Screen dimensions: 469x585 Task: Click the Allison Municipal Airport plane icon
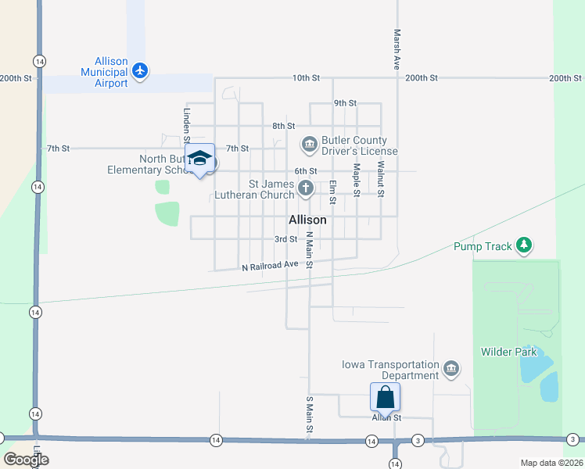point(141,71)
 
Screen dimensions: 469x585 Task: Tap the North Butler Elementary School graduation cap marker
point(200,157)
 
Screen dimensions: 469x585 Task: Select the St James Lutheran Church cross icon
point(306,188)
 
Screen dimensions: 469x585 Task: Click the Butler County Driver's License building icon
point(309,144)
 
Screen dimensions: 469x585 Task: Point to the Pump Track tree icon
point(524,246)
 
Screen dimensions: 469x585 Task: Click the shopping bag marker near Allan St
point(386,396)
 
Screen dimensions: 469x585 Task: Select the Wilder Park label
point(509,352)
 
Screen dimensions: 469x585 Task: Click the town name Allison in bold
point(307,220)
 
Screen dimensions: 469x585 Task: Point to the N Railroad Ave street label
point(271,265)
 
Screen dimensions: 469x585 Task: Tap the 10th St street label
point(307,78)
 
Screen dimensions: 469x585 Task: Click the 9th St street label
point(345,103)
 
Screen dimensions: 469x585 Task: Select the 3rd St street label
point(285,239)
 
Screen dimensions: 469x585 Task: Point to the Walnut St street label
point(381,178)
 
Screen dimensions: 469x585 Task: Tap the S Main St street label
point(310,416)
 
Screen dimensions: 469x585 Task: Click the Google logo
point(26,460)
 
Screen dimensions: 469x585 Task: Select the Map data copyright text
point(552,463)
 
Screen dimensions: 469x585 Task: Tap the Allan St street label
point(386,418)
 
